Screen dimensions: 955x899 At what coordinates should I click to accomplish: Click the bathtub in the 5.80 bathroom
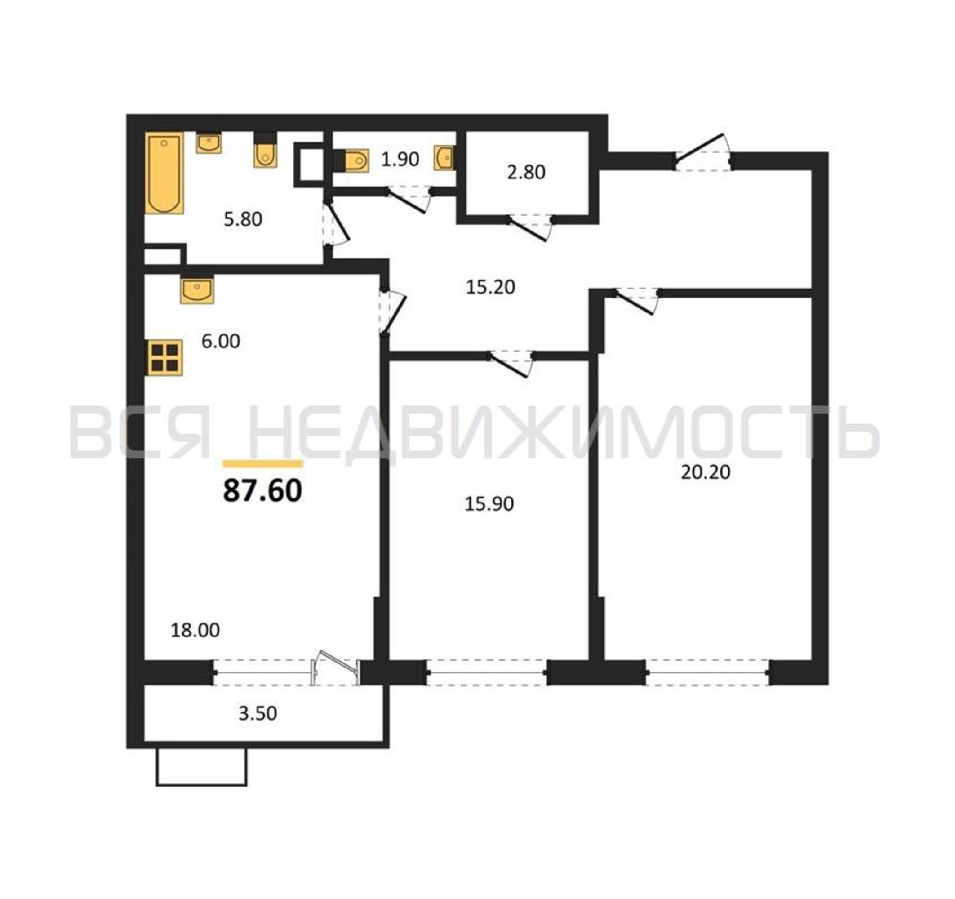click(x=164, y=173)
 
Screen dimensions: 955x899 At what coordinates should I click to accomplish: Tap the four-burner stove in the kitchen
click(x=164, y=357)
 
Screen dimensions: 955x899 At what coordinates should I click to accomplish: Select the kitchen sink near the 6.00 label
click(x=197, y=291)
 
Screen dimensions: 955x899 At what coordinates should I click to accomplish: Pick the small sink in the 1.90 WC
click(x=445, y=158)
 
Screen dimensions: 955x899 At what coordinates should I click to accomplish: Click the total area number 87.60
click(x=262, y=491)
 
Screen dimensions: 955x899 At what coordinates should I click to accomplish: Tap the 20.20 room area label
click(x=706, y=472)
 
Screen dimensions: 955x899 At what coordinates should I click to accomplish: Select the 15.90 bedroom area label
click(x=489, y=504)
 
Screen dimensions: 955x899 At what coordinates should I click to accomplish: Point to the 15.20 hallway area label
click(x=490, y=287)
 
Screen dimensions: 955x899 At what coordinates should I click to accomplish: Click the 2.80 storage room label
click(x=526, y=173)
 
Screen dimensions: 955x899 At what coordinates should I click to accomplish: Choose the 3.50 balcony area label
click(x=258, y=713)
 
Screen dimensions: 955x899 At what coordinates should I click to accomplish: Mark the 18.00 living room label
click(x=195, y=630)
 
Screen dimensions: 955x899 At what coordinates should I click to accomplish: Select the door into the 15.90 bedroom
click(x=511, y=364)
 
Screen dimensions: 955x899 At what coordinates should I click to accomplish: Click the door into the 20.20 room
click(x=636, y=302)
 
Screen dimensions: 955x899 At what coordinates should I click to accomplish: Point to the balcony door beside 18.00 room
click(x=335, y=668)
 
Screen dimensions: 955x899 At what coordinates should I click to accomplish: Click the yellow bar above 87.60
click(x=263, y=464)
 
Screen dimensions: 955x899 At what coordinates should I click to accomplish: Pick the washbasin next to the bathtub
click(x=209, y=143)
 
